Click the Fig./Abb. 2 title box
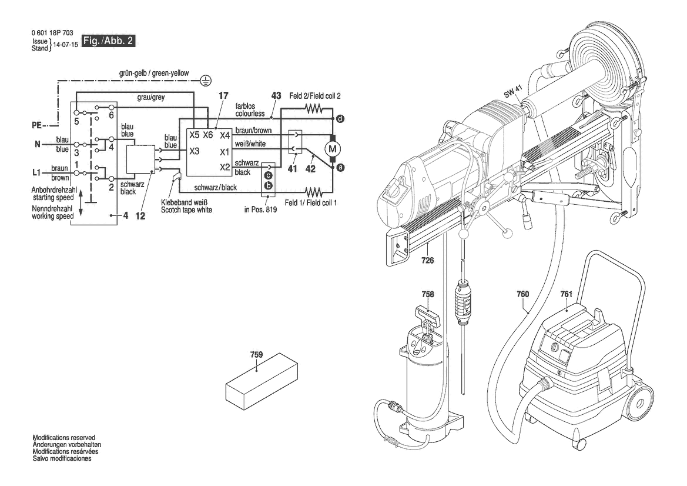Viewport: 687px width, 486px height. click(108, 41)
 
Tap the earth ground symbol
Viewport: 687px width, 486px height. click(206, 80)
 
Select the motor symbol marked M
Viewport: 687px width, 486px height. click(332, 149)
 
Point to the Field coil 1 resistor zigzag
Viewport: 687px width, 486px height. click(314, 192)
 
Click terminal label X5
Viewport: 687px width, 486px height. click(194, 135)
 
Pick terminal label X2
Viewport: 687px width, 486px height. click(224, 167)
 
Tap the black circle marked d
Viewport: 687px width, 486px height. click(340, 119)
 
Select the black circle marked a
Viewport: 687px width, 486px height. click(340, 168)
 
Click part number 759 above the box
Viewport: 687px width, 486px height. click(256, 354)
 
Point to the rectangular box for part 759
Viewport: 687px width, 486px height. click(262, 381)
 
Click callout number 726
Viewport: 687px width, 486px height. click(427, 261)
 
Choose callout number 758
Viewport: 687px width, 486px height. click(428, 294)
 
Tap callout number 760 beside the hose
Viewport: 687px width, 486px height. click(522, 294)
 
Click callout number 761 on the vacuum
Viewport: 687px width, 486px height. click(566, 294)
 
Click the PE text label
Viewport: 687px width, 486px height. click(37, 125)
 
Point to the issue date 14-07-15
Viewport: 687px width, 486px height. click(65, 45)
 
